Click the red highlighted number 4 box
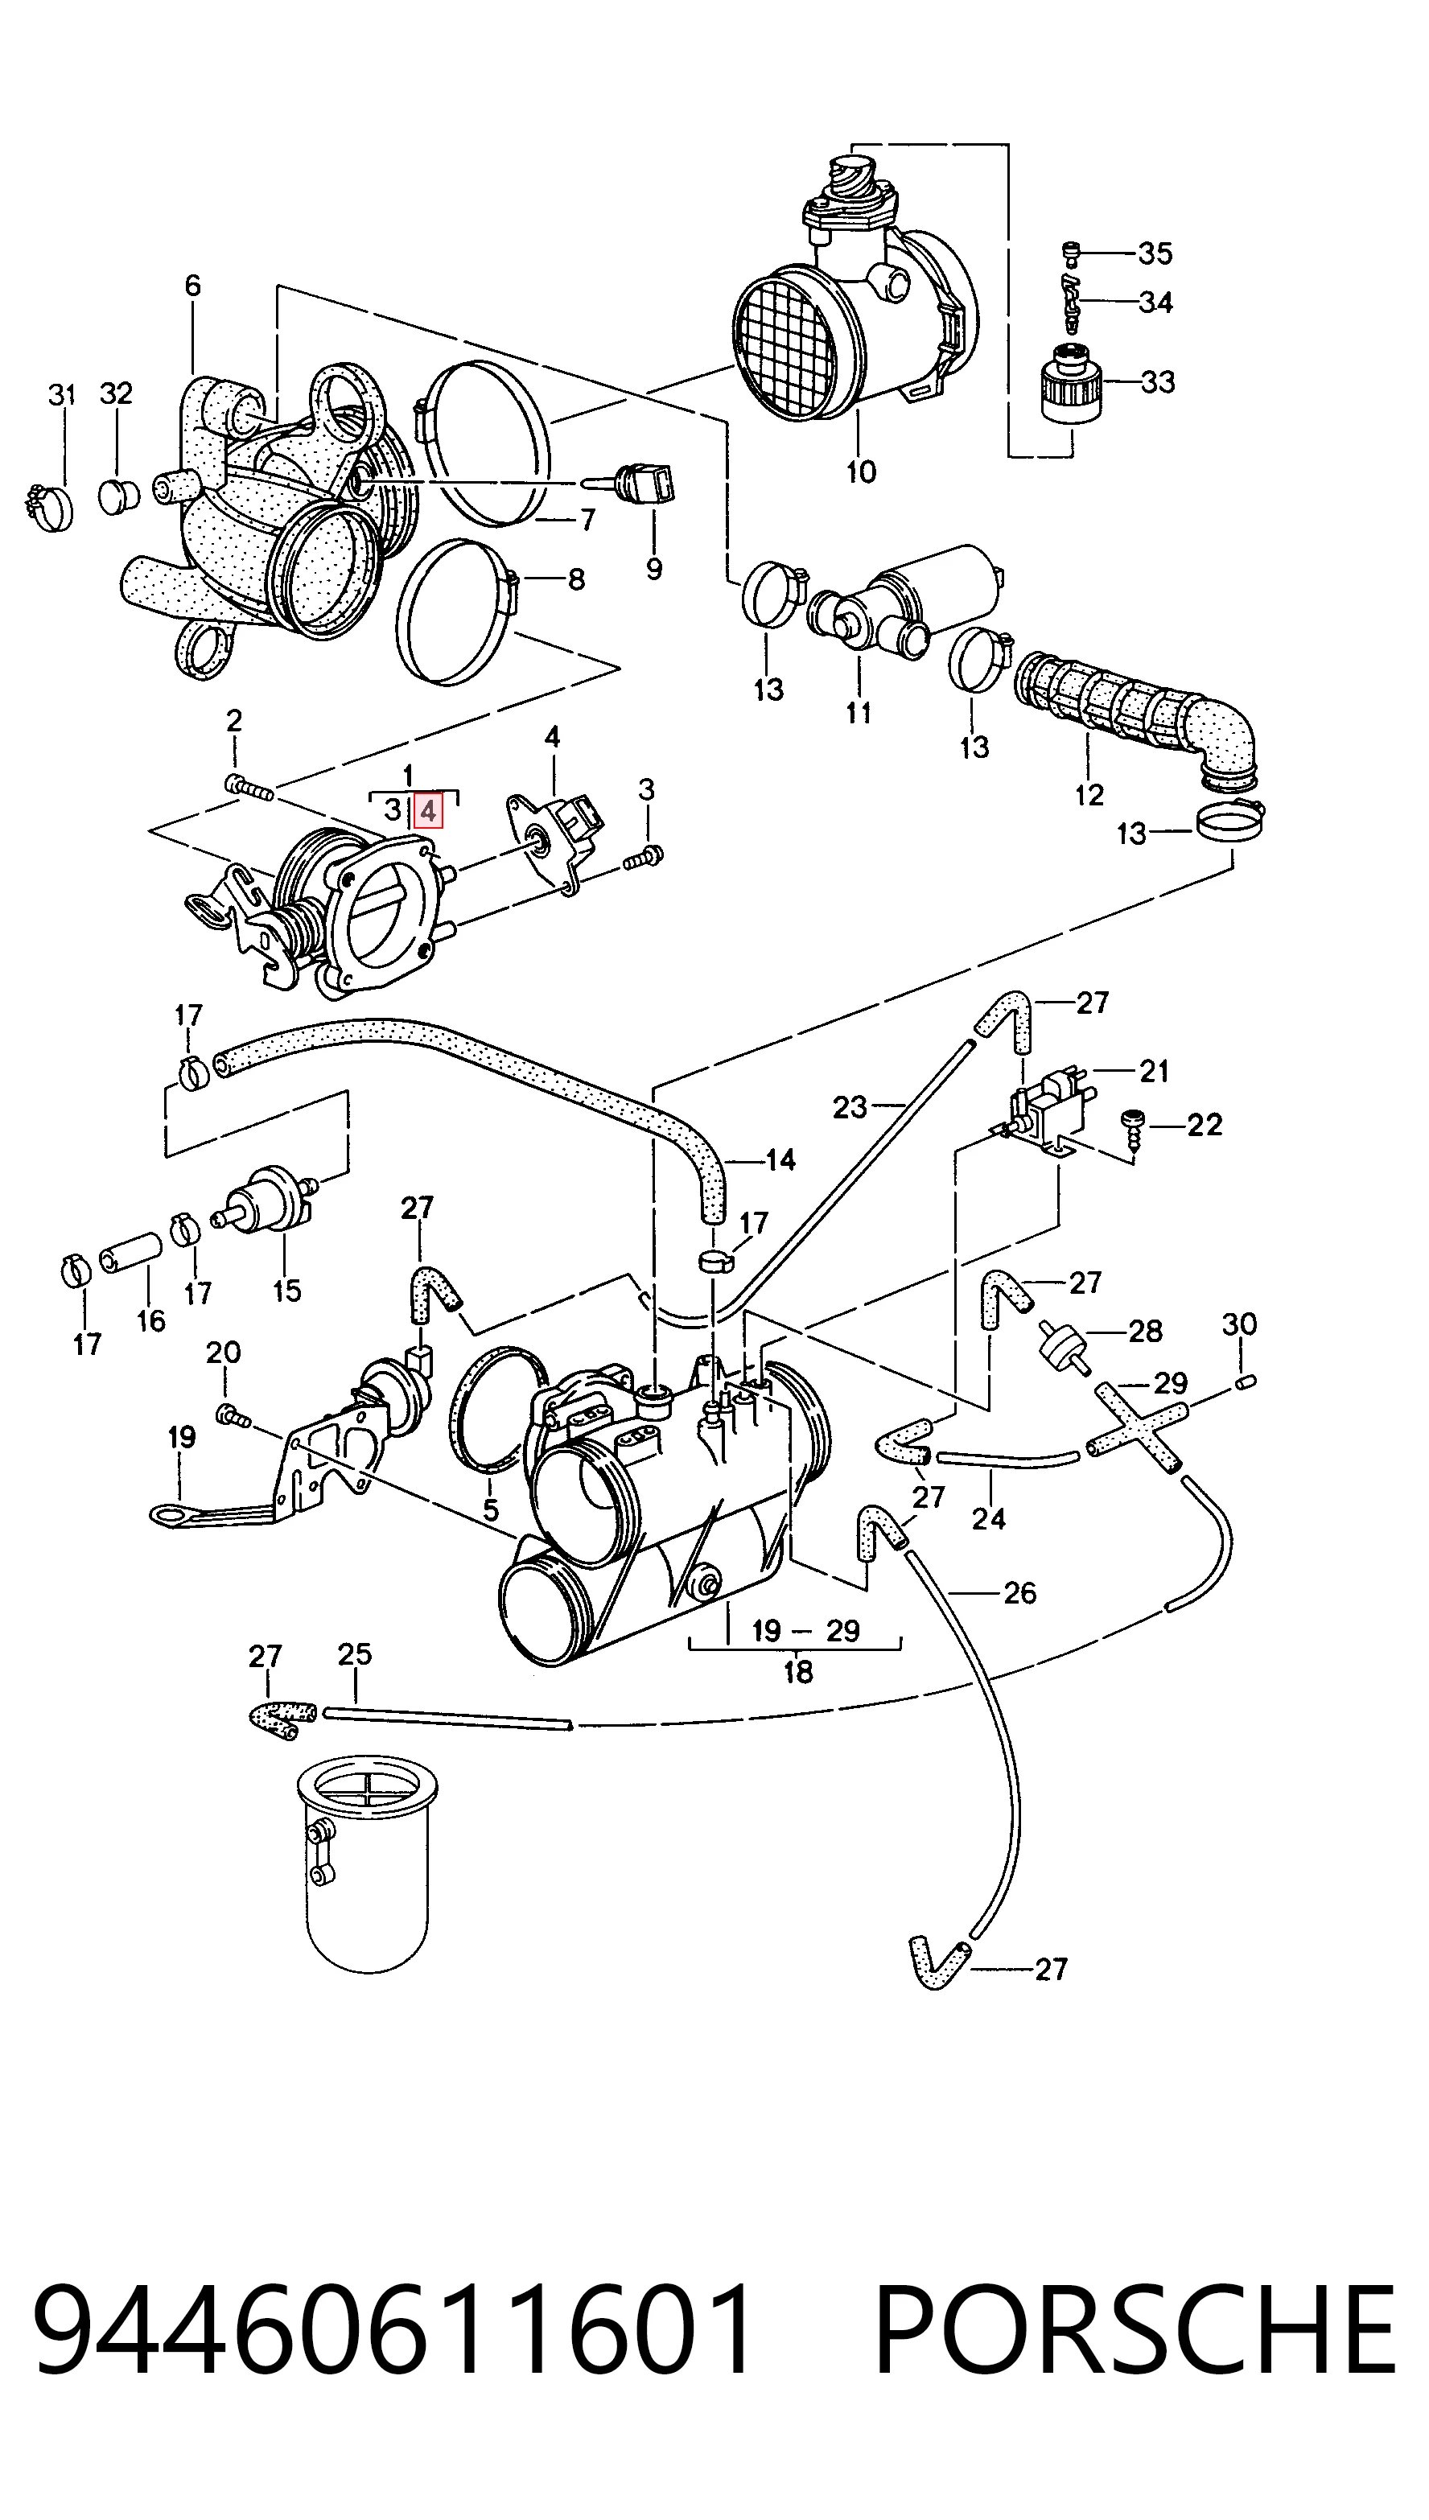[428, 810]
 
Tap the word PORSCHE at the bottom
[1134, 2331]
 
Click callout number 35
[1155, 253]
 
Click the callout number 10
[861, 472]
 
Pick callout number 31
[62, 396]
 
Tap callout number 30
[1238, 1324]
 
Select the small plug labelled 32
[117, 496]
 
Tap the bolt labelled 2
[249, 786]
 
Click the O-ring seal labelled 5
[496, 1408]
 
